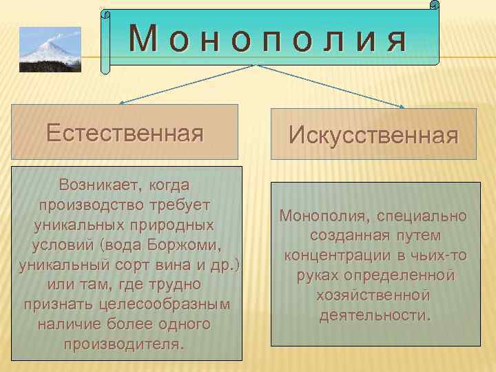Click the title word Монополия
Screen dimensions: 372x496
(x=268, y=41)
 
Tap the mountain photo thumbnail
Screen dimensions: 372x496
(x=50, y=50)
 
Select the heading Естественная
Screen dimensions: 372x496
(x=125, y=132)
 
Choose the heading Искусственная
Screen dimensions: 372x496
(x=373, y=135)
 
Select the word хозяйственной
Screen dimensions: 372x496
(x=373, y=296)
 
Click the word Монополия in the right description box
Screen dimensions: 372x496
(x=322, y=216)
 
